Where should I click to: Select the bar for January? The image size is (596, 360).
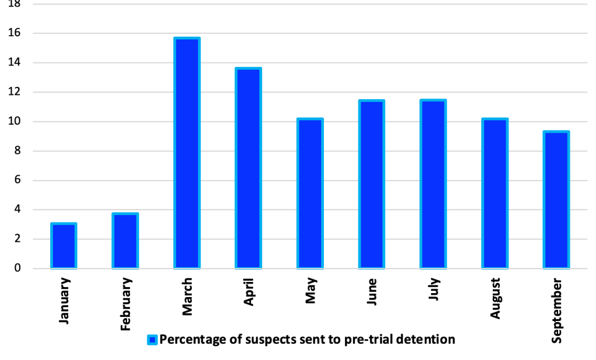point(64,246)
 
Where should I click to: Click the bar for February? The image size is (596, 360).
point(125,241)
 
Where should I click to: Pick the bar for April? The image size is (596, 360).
point(248,168)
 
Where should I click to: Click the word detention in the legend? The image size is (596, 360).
point(429,340)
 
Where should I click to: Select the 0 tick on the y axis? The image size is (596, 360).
point(17,269)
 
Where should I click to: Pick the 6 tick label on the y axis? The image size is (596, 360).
point(17,181)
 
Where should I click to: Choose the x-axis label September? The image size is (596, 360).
point(557,310)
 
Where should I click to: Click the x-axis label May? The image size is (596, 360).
point(311,291)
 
